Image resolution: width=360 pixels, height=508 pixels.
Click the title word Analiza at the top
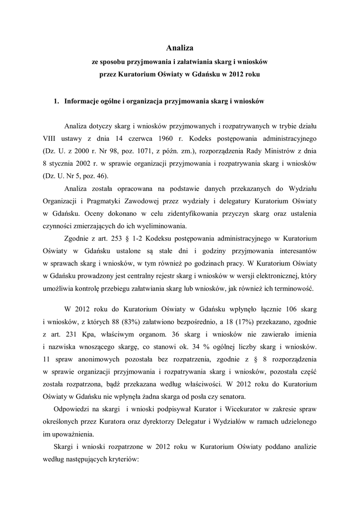(x=180, y=48)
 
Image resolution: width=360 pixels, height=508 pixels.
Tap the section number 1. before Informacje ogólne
(x=57, y=101)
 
